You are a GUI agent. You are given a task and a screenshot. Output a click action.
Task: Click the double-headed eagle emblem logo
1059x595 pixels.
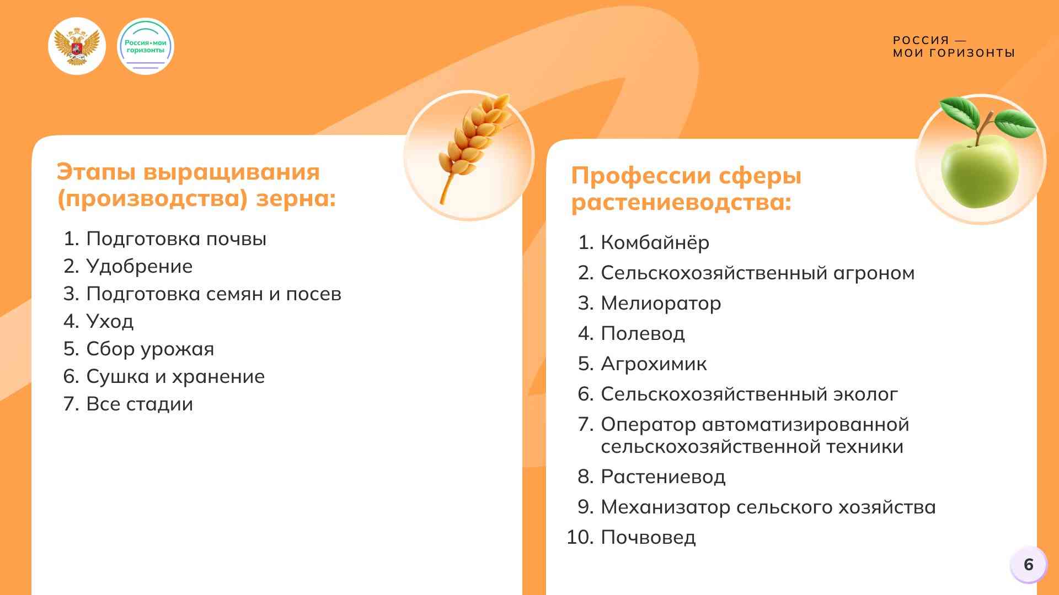point(77,46)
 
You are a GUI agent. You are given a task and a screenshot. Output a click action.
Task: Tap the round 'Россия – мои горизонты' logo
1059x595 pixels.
point(146,46)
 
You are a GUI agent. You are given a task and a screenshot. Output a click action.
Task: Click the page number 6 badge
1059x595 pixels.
point(1029,565)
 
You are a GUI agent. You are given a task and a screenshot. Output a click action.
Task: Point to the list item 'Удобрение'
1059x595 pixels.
point(140,266)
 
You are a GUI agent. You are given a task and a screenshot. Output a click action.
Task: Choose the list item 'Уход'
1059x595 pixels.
point(110,321)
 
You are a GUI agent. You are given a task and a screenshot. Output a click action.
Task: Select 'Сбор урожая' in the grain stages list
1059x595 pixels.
point(150,349)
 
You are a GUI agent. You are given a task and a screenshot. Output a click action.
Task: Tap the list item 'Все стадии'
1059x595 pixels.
point(140,404)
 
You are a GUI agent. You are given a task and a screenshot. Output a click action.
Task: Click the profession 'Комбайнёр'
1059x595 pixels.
point(655,242)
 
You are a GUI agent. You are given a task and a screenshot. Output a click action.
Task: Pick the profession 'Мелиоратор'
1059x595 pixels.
point(661,303)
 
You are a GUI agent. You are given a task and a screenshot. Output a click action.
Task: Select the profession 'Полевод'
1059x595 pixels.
point(643,333)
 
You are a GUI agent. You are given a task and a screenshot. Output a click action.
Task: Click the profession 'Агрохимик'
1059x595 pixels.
point(654,364)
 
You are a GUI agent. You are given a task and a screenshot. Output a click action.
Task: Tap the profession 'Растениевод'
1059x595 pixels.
point(663,477)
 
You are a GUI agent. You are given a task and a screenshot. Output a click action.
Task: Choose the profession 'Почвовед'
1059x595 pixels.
point(648,537)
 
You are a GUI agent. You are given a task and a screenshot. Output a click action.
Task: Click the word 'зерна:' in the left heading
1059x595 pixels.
point(296,199)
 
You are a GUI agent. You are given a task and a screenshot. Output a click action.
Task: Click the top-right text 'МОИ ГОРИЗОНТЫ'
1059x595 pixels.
point(954,53)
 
